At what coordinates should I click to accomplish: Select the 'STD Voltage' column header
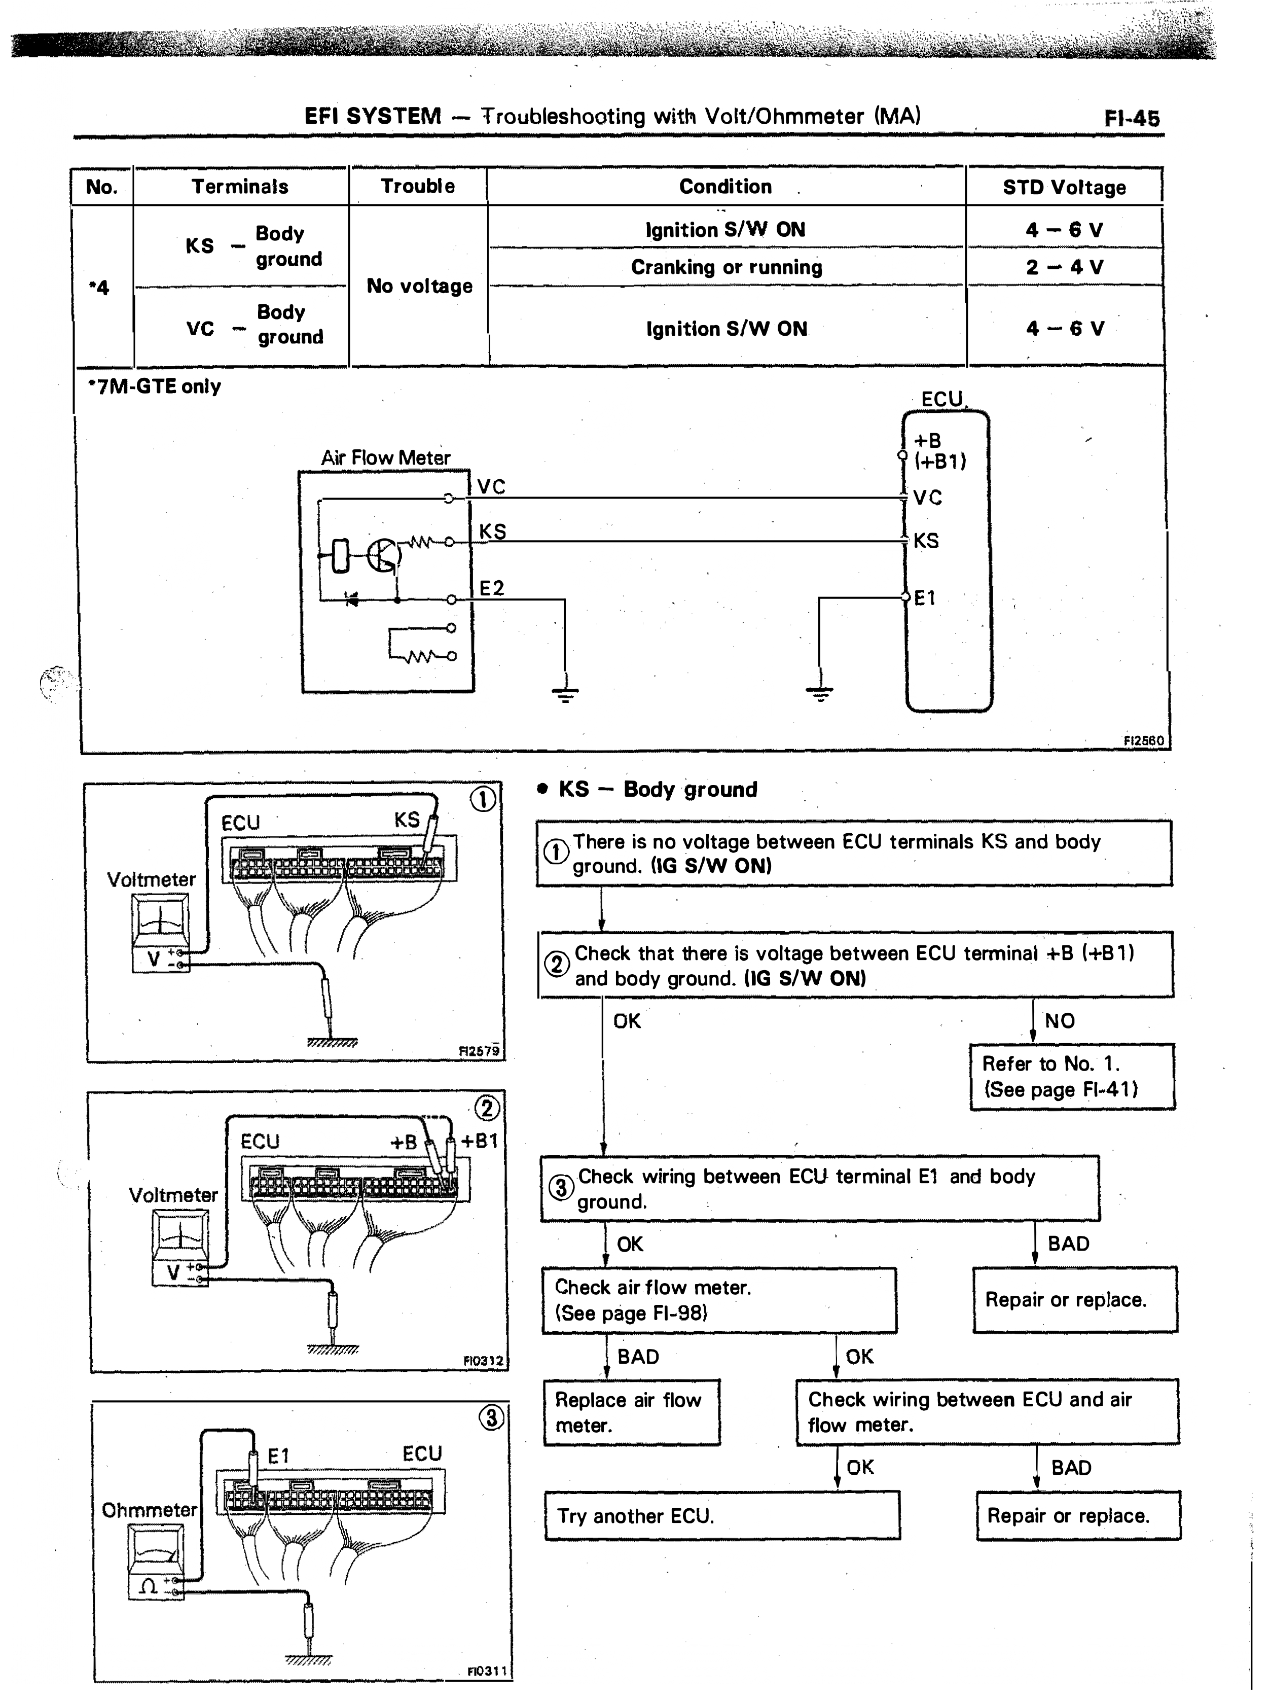(x=1064, y=187)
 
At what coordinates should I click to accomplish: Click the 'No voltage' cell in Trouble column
(x=419, y=286)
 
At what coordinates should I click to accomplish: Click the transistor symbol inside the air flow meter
(x=383, y=554)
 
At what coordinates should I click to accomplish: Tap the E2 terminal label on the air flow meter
(x=492, y=588)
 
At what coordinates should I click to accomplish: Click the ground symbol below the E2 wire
(x=565, y=694)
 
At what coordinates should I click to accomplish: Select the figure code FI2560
(x=1144, y=740)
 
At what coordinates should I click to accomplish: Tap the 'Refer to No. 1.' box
(x=1072, y=1077)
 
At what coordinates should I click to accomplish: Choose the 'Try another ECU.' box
(x=722, y=1516)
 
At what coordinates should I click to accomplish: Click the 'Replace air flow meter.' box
(x=632, y=1412)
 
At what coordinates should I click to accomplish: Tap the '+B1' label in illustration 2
(x=479, y=1141)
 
